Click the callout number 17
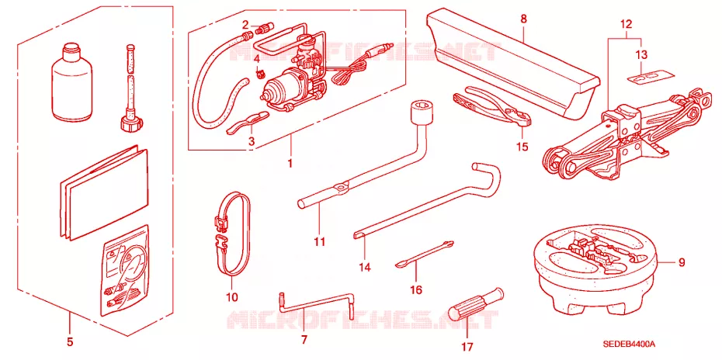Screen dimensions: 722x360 468,346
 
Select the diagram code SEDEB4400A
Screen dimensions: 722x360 630,344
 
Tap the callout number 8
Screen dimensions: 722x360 524,19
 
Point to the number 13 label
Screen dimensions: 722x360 641,55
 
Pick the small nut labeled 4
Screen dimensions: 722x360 260,73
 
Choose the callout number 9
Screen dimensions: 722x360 682,263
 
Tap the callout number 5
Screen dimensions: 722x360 70,341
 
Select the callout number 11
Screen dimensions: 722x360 320,242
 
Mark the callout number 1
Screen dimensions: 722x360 290,164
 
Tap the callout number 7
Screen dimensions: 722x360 304,340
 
